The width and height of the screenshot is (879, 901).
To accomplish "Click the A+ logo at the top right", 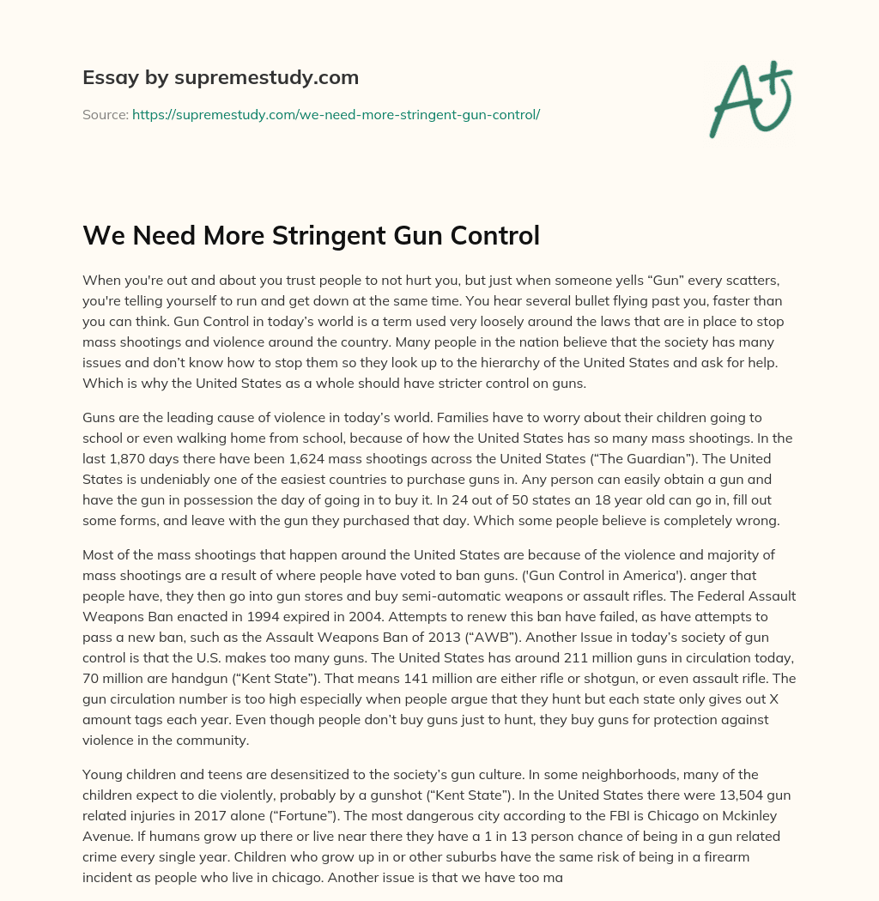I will pos(749,99).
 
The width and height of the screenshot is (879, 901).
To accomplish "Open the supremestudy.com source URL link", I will pos(336,114).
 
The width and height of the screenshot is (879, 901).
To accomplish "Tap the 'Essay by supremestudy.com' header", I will pos(221,78).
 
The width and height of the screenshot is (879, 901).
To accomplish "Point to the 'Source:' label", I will pos(105,114).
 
